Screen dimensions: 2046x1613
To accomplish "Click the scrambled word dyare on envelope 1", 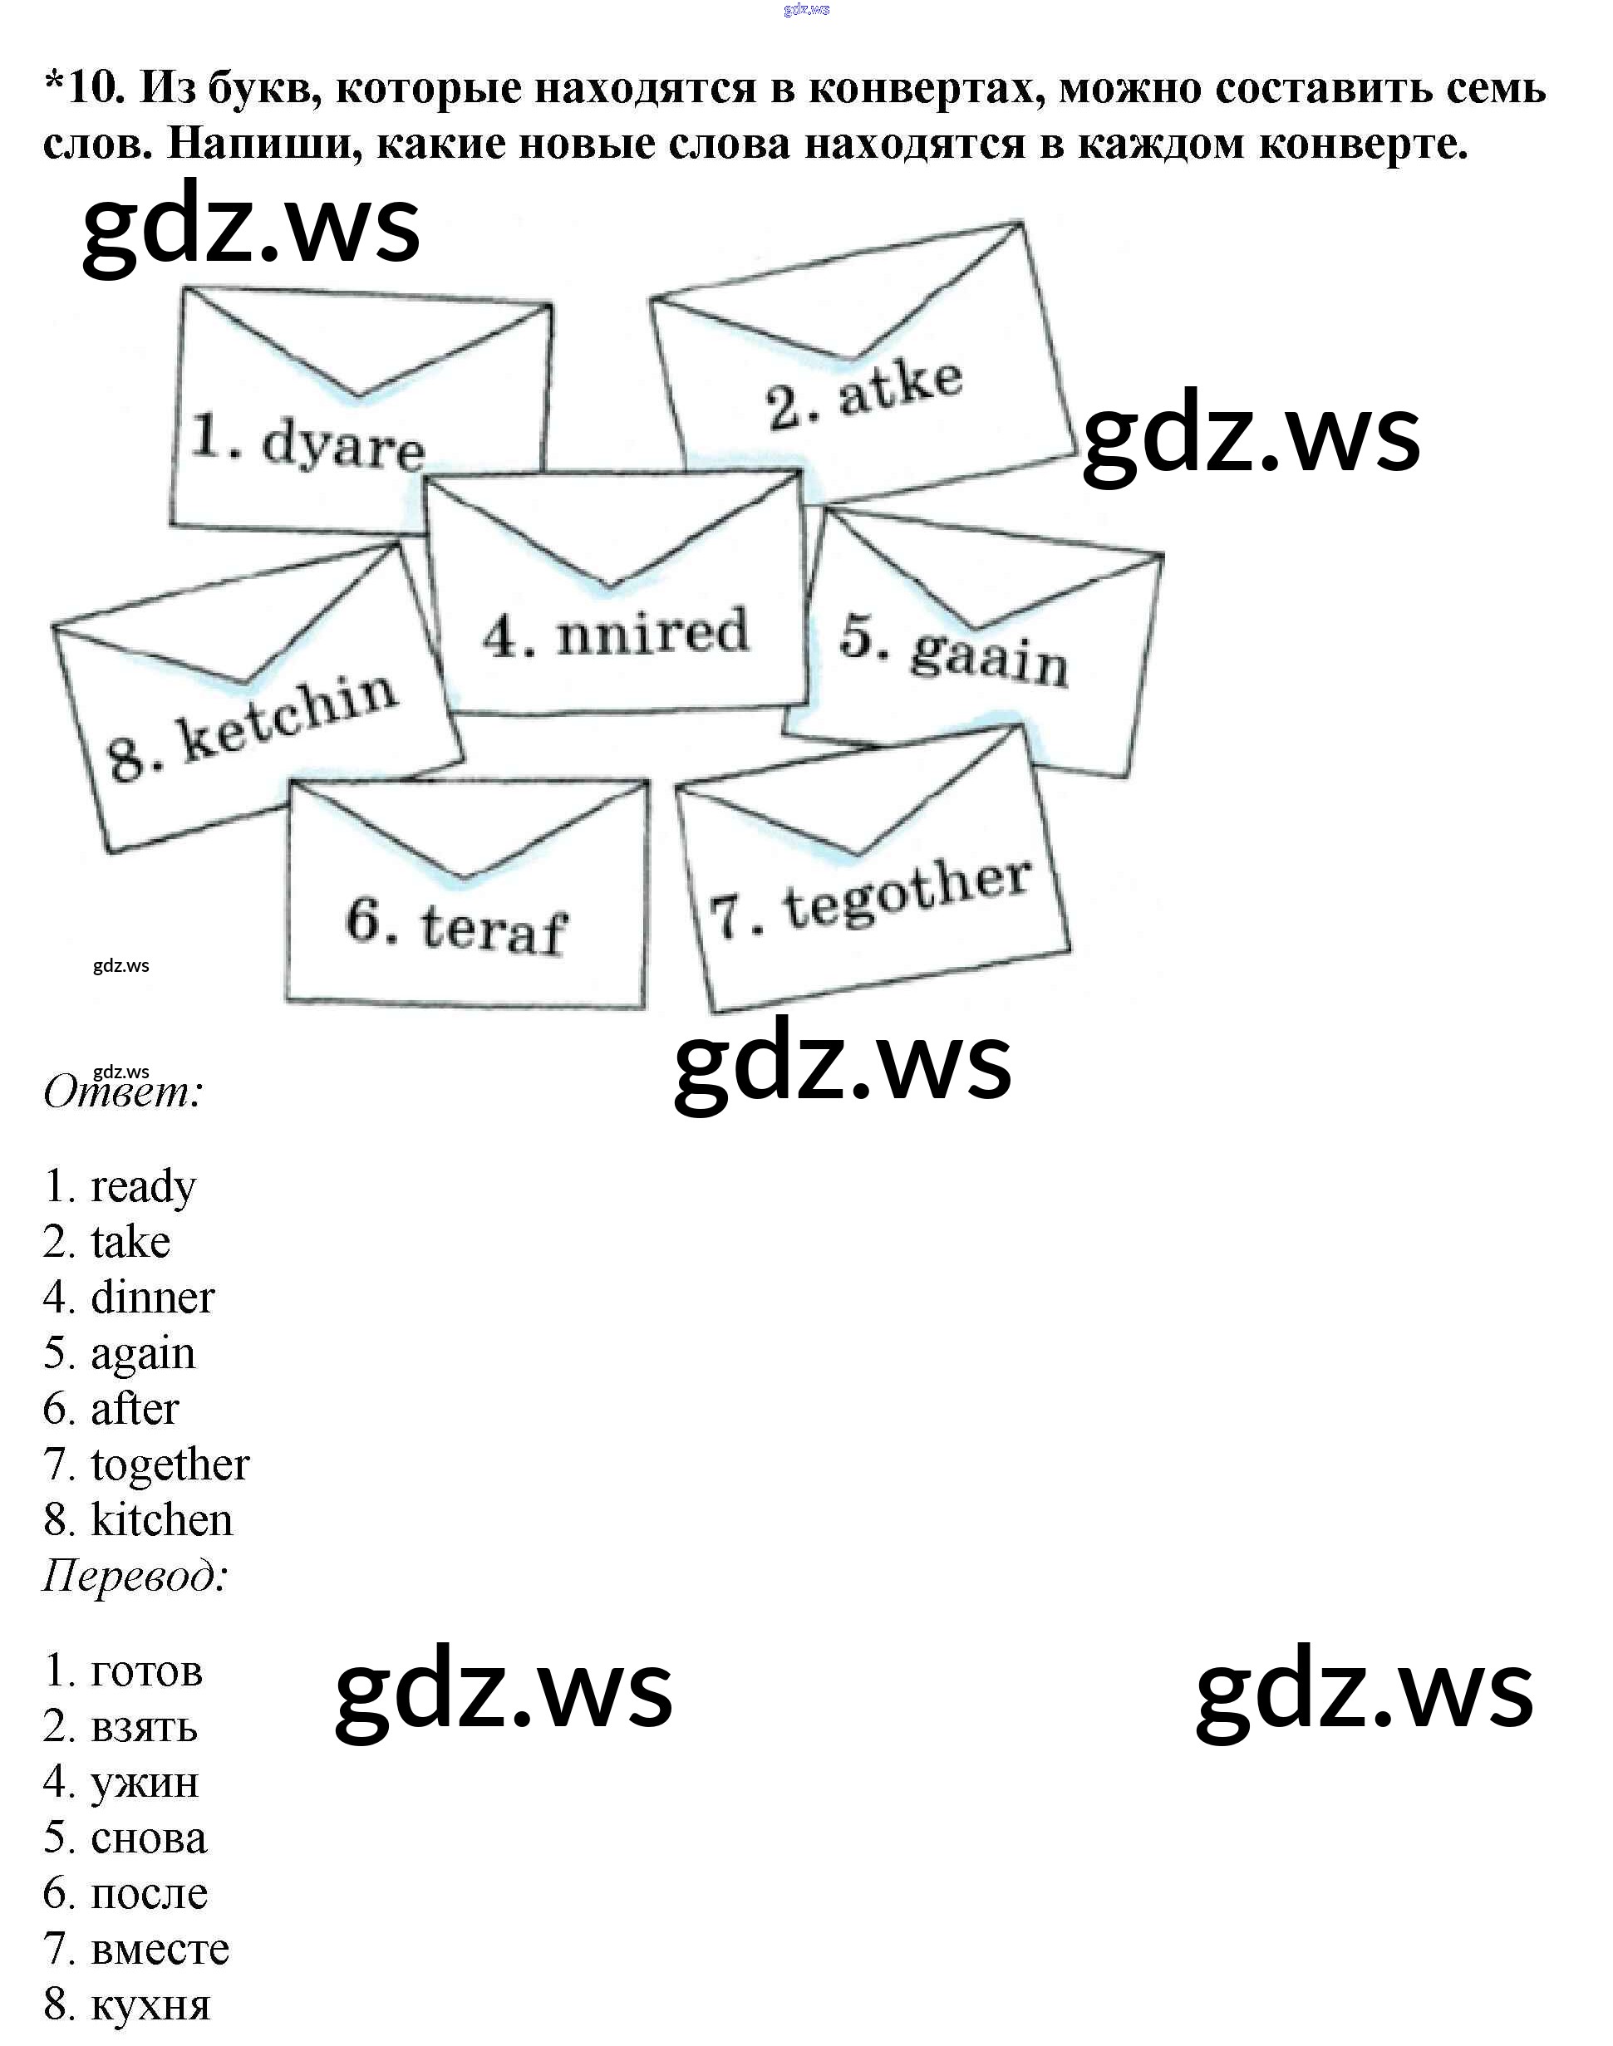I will pyautogui.click(x=343, y=445).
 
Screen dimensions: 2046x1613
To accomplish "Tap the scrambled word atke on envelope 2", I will pyautogui.click(x=900, y=388).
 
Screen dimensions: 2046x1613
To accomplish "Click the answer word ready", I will pyautogui.click(x=143, y=1187).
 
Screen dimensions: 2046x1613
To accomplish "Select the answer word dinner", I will pyautogui.click(x=152, y=1298).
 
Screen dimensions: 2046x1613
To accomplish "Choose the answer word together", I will pyautogui.click(x=170, y=1465).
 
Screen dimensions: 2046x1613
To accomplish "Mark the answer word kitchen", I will pyautogui.click(x=161, y=1521).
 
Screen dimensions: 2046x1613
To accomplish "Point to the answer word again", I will pyautogui.click(x=143, y=1354).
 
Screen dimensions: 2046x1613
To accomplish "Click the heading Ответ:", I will pyautogui.click(x=123, y=1092).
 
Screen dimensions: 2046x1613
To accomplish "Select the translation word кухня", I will pyautogui.click(x=150, y=2004).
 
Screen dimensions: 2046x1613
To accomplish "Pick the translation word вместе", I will pyautogui.click(x=160, y=1949).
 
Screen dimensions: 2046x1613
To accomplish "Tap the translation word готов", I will pyautogui.click(x=146, y=1671).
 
